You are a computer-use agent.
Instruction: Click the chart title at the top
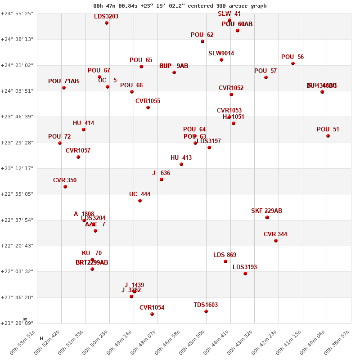pyautogui.click(x=180, y=6)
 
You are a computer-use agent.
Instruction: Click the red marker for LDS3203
pyautogui.click(x=107, y=23)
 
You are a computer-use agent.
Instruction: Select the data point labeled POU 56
pyautogui.click(x=293, y=63)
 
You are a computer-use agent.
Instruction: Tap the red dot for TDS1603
pyautogui.click(x=206, y=311)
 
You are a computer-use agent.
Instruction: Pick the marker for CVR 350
pyautogui.click(x=65, y=187)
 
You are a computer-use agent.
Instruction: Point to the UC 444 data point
pyautogui.click(x=140, y=201)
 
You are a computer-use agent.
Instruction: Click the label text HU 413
pyautogui.click(x=181, y=158)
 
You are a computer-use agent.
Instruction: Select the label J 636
pyautogui.click(x=161, y=173)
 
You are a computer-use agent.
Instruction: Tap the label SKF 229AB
pyautogui.click(x=266, y=211)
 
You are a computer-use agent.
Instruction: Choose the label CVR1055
pyautogui.click(x=148, y=101)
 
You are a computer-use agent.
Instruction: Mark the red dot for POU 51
pyautogui.click(x=328, y=136)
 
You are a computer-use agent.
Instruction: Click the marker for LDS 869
pyautogui.click(x=225, y=261)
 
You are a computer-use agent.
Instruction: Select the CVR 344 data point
pyautogui.click(x=276, y=241)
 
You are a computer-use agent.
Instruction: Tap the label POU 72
pyautogui.click(x=59, y=137)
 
